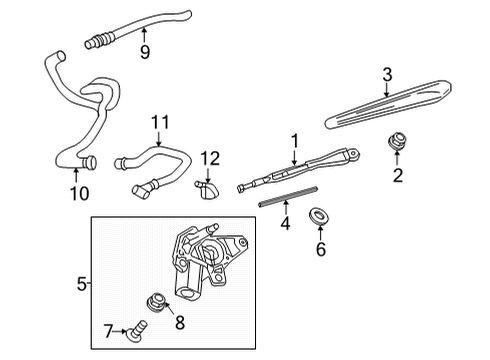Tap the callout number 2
[397, 177]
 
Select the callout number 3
[387, 73]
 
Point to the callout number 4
[285, 226]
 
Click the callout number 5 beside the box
[82, 284]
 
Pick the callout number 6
[321, 249]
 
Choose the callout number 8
[181, 322]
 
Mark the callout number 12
[209, 157]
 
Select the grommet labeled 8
[156, 301]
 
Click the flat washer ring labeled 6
[321, 215]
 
